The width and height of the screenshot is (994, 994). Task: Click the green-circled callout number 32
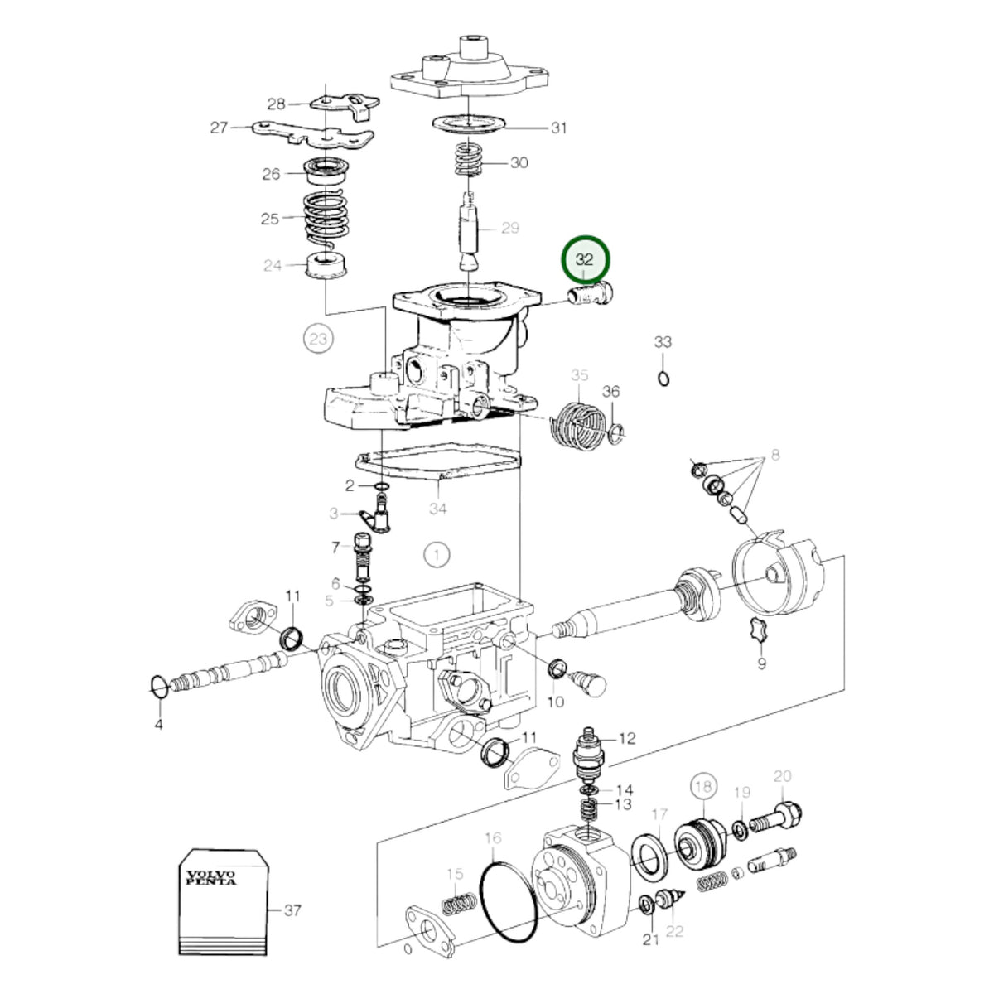[x=585, y=259]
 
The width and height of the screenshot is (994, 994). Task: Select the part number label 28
[x=276, y=104]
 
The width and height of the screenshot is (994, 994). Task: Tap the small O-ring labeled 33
[x=663, y=379]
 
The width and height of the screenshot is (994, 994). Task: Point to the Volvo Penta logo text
[x=210, y=877]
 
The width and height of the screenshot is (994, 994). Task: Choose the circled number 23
[x=318, y=339]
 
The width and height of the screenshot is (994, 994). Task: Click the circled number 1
[x=437, y=556]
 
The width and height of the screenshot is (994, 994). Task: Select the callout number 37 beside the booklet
[x=292, y=910]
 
